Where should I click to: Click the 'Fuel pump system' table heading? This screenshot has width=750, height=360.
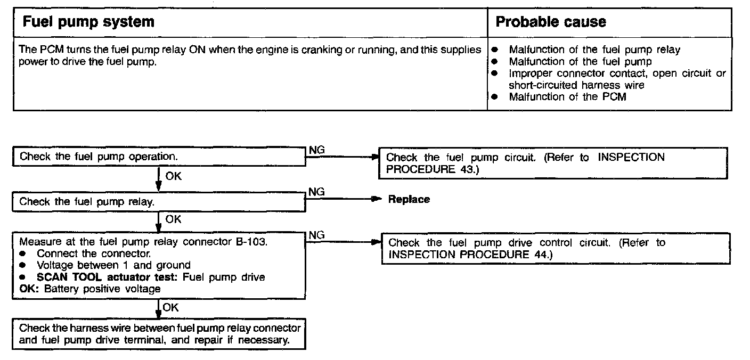point(87,22)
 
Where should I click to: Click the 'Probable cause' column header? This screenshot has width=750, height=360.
point(551,22)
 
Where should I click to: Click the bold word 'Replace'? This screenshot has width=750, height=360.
point(409,200)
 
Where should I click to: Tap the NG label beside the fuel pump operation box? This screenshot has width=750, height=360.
point(317,151)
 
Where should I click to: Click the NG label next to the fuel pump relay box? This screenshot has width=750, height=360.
point(317,192)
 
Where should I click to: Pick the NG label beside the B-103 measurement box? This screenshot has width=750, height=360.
point(317,235)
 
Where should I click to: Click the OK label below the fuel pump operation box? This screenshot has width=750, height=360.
point(173,176)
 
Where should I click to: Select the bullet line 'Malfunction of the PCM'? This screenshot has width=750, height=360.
point(567,97)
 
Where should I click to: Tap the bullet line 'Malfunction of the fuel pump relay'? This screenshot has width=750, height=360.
point(594,50)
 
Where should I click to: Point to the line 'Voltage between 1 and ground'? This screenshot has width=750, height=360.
point(113,265)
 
